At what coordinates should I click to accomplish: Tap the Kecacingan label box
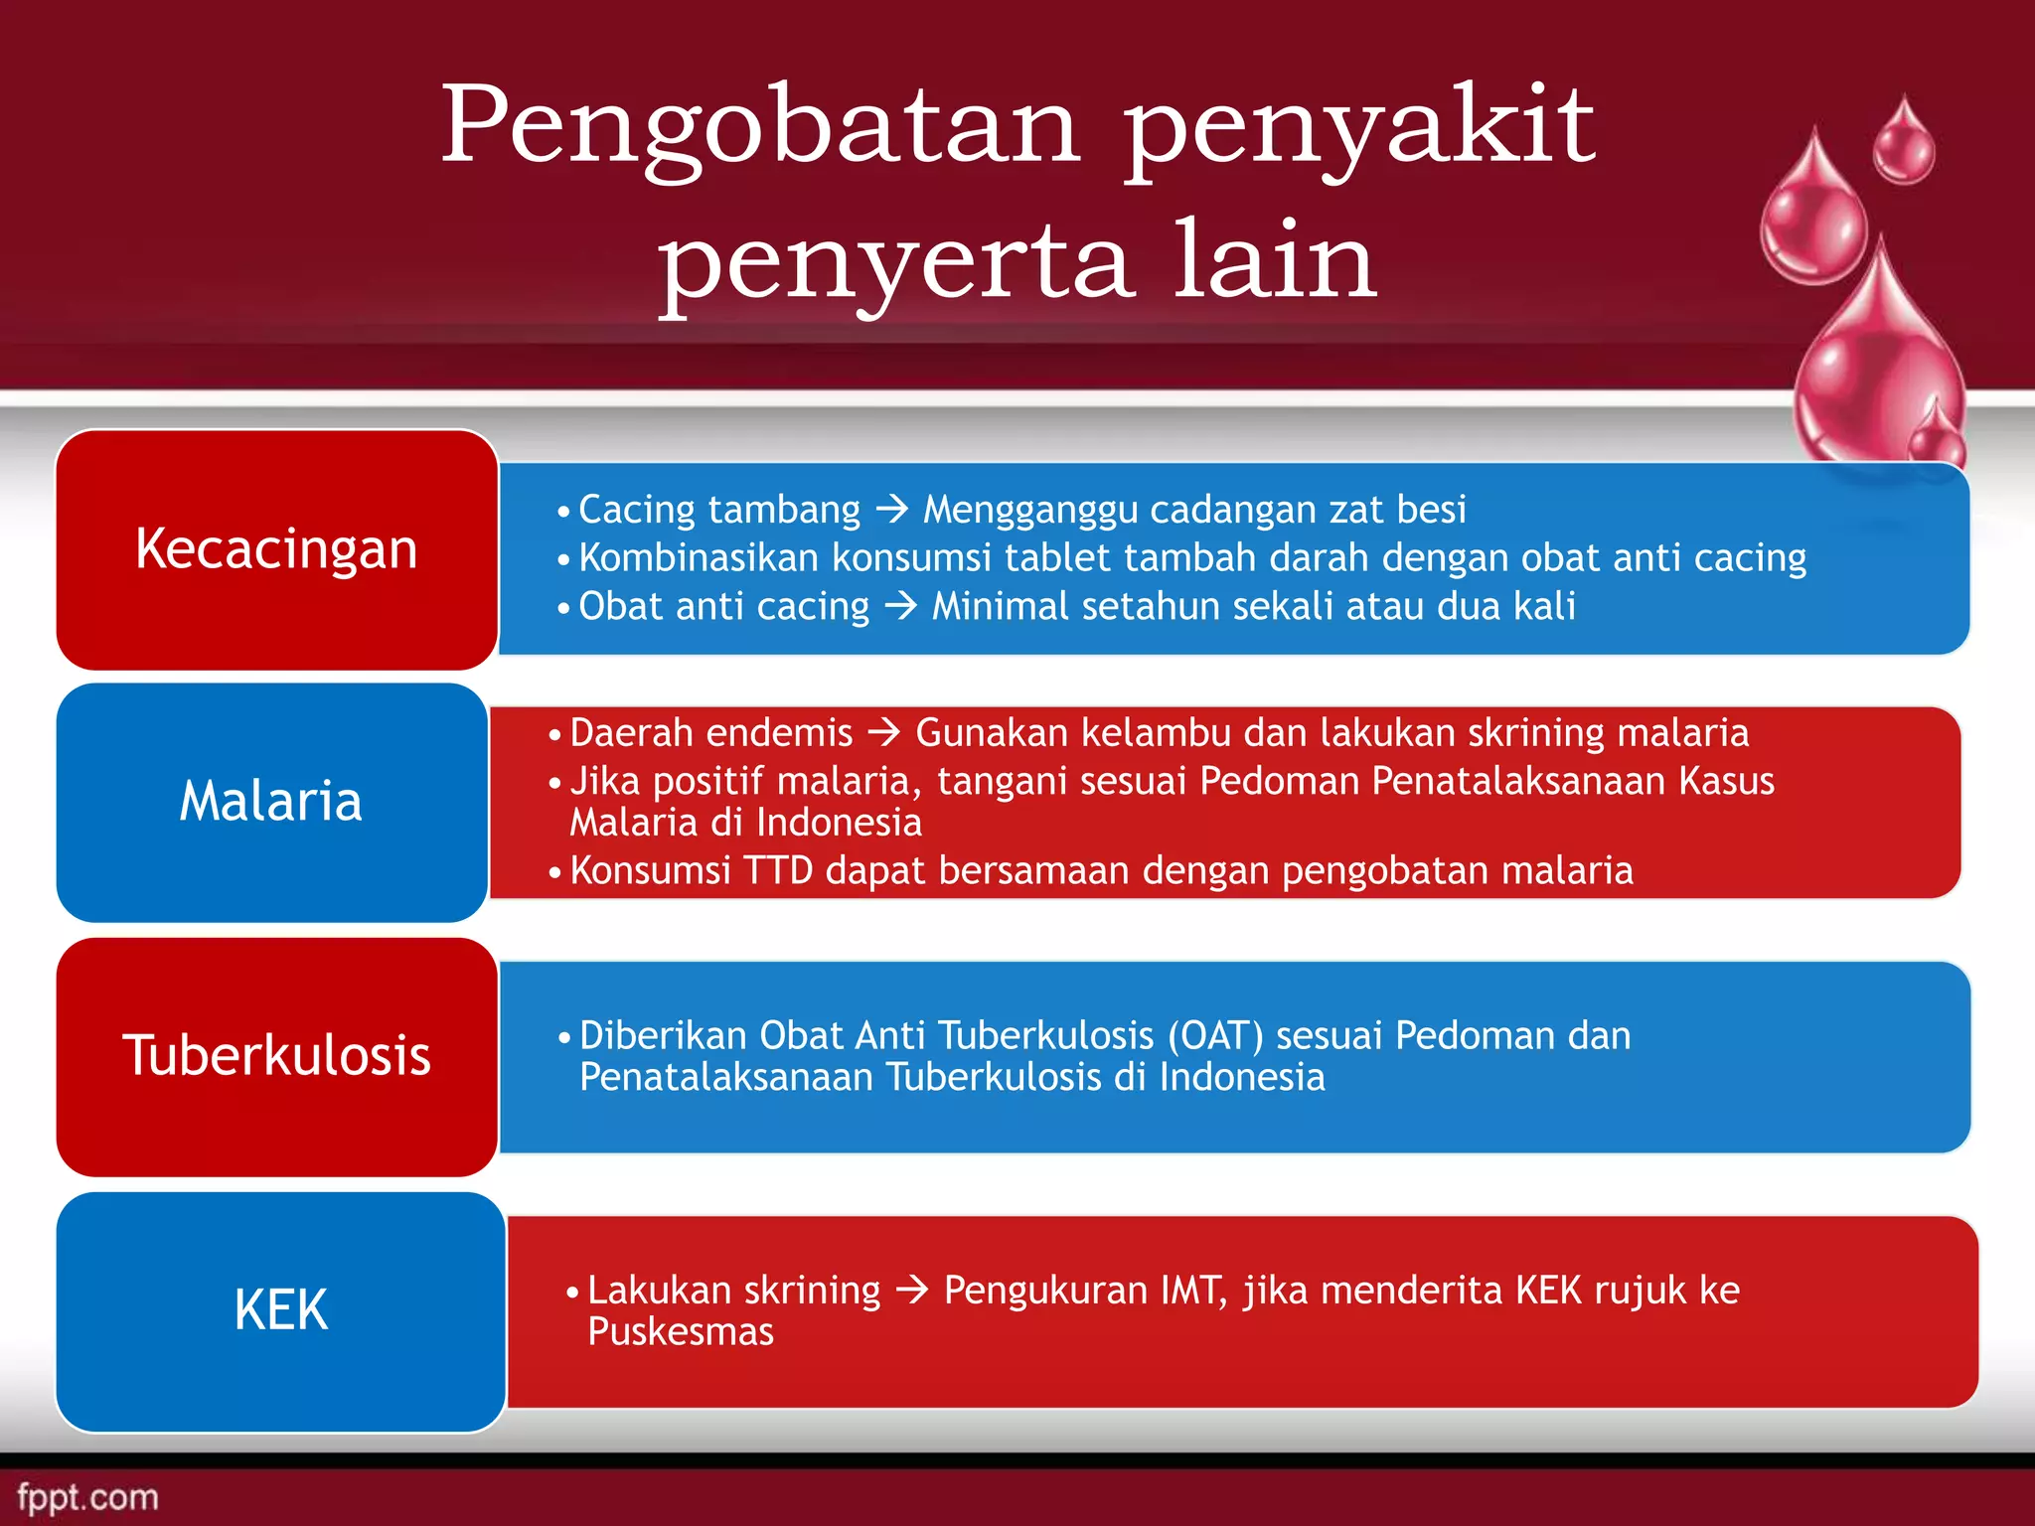click(x=276, y=549)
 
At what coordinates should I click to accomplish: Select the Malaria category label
click(x=271, y=802)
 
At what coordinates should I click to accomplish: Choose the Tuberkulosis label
click(x=276, y=1056)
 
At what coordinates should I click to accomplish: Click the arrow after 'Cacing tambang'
click(x=892, y=510)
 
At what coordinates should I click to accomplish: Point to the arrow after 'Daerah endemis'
click(x=884, y=733)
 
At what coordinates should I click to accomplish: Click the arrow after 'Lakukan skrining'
click(x=912, y=1291)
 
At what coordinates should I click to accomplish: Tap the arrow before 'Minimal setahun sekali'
click(x=901, y=606)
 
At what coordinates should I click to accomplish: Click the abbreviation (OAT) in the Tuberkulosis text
click(x=1215, y=1036)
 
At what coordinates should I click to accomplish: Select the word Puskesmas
click(x=681, y=1332)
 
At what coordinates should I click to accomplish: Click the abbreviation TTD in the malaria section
click(x=778, y=871)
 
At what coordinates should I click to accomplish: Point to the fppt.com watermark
click(x=88, y=1497)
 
